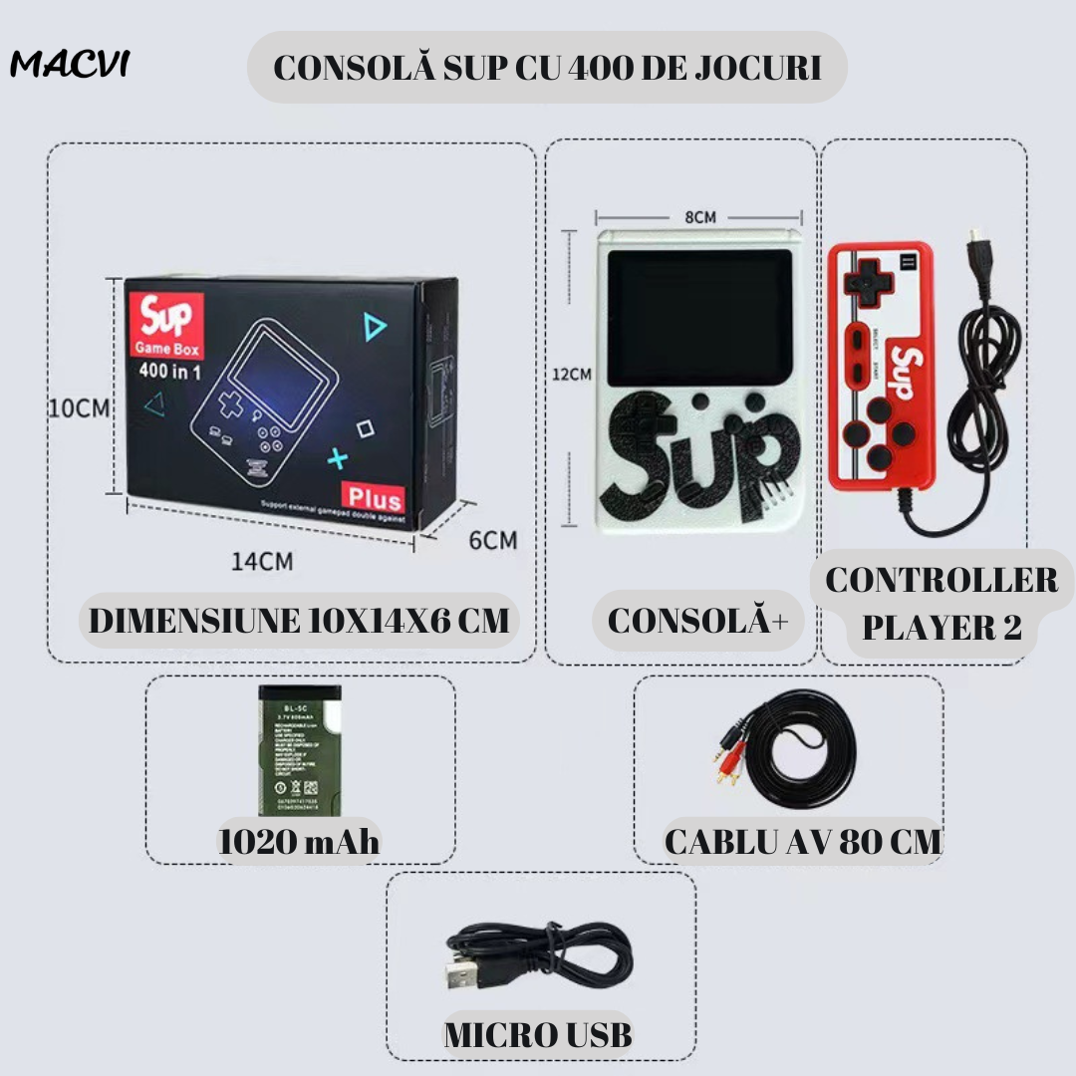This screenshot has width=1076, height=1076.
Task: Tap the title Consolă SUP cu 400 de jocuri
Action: tap(547, 68)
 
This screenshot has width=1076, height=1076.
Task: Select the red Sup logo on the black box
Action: tap(164, 320)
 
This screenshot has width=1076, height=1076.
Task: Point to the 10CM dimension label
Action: tap(79, 407)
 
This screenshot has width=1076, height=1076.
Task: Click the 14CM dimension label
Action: tap(262, 561)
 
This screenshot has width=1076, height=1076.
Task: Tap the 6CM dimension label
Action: tap(493, 540)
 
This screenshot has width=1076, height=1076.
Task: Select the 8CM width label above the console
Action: tap(699, 216)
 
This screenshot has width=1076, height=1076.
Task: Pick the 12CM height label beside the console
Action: tap(573, 376)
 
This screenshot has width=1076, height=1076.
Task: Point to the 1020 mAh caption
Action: tap(299, 842)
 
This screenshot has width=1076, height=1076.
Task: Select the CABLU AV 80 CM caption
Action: tap(803, 842)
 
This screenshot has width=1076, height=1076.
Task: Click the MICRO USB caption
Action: tap(538, 1034)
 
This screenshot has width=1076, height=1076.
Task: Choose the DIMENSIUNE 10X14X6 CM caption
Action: tap(299, 620)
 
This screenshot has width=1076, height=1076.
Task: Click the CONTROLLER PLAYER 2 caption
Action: tap(941, 604)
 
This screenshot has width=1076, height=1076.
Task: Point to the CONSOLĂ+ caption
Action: tap(697, 620)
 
